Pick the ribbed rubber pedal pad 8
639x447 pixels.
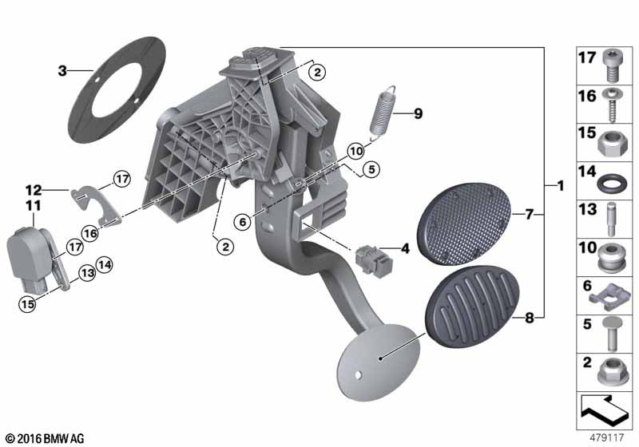point(472,307)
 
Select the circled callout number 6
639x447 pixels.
point(243,222)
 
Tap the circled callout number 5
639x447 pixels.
point(371,169)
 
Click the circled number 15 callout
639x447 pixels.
point(27,304)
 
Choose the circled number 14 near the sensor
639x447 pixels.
point(105,265)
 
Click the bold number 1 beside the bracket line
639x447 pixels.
point(561,186)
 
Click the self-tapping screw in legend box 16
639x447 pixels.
point(612,105)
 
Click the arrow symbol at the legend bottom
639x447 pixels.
point(604,408)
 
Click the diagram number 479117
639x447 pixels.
point(607,437)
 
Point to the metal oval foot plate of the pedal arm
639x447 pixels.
point(378,362)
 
